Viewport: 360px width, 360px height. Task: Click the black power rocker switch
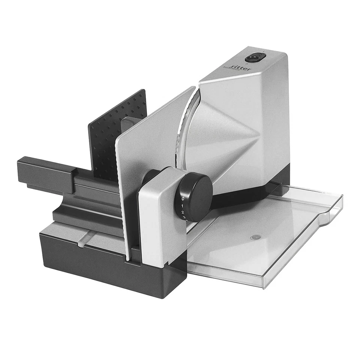coord(255,58)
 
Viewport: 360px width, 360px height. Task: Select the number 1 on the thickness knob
coord(182,206)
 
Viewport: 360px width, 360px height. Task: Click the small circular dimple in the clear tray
coord(256,237)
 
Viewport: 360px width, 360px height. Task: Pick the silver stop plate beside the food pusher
coord(150,150)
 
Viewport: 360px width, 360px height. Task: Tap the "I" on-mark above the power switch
coord(264,51)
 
